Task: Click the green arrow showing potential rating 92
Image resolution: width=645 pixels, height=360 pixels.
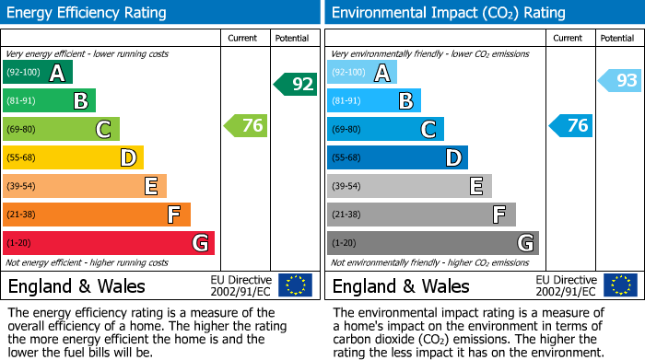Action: click(x=295, y=85)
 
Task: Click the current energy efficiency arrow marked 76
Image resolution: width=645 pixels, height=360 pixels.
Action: click(x=246, y=126)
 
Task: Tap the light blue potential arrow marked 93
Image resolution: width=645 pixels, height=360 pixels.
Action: click(x=620, y=81)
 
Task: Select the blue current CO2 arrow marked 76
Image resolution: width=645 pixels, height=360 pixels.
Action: click(x=570, y=126)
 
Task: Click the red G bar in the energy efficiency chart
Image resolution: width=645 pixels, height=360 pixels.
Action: click(x=108, y=243)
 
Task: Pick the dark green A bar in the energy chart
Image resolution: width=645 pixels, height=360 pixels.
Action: click(x=37, y=73)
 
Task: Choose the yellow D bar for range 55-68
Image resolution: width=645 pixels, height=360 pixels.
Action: click(x=73, y=158)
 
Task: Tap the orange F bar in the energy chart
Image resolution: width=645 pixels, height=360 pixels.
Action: click(x=96, y=215)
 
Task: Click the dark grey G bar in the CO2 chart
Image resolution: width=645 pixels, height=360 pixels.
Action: click(x=432, y=243)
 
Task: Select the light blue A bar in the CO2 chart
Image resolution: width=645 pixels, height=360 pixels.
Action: click(x=361, y=73)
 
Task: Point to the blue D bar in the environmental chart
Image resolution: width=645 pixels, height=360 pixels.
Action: click(x=397, y=158)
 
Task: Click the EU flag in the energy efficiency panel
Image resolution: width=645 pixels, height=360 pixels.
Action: click(x=296, y=285)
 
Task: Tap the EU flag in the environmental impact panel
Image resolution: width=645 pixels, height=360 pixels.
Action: click(x=620, y=285)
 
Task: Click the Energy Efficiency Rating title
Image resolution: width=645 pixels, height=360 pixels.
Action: click(x=87, y=13)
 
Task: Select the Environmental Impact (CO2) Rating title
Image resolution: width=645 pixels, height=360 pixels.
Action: click(x=448, y=13)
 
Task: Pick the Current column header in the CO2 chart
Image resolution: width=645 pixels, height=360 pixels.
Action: click(x=569, y=38)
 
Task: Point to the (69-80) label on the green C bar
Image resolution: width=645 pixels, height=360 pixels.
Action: click(x=21, y=130)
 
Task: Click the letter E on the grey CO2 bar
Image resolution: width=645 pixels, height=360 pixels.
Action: click(x=475, y=187)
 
